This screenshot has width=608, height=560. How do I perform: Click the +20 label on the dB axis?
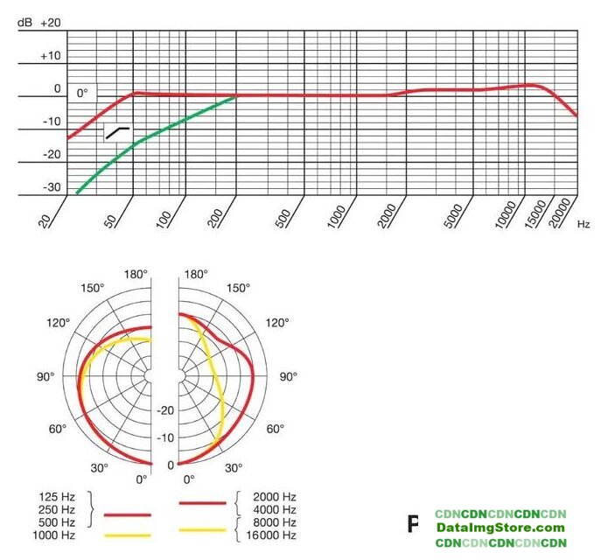point(50,23)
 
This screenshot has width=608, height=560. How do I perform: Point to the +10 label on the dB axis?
point(50,56)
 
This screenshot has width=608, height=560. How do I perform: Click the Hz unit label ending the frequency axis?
point(584,225)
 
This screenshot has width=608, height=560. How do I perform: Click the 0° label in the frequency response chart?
point(83,92)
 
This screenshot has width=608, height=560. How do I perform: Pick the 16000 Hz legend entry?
point(272,535)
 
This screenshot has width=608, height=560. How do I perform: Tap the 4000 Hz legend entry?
point(276,509)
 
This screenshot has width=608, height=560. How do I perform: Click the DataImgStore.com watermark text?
point(501,528)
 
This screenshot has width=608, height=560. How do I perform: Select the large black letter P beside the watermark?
point(415,525)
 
